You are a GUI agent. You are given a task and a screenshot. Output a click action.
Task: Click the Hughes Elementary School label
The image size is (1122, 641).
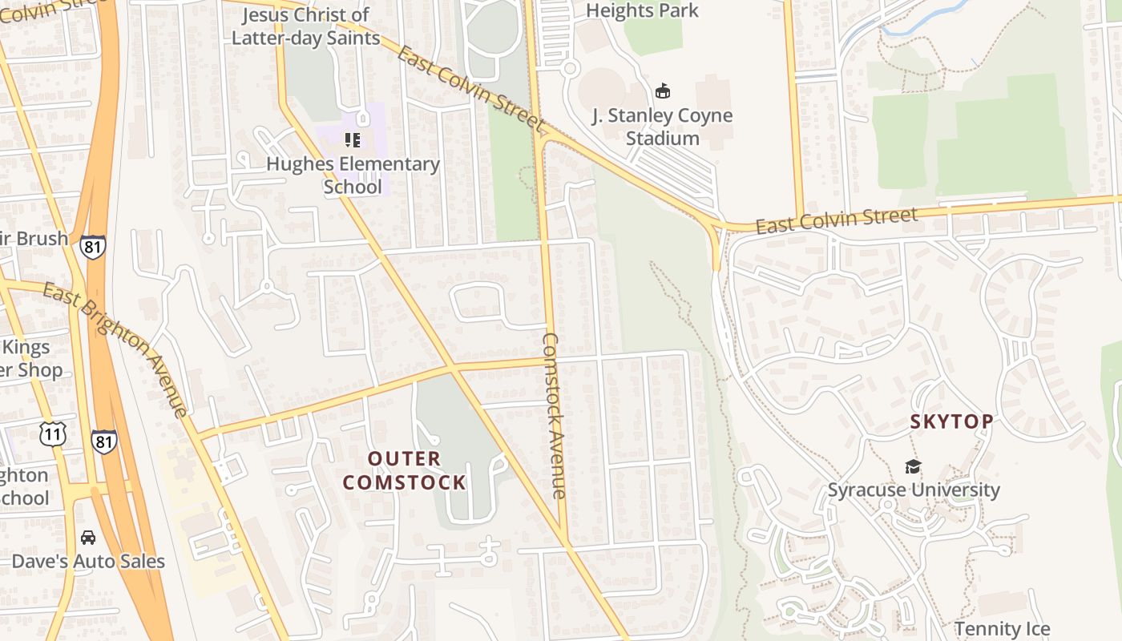pos(353,175)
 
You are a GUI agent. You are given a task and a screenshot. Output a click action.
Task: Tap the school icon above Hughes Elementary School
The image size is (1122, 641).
pos(353,140)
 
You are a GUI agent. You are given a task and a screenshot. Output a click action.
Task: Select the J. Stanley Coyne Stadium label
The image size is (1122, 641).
pos(663,127)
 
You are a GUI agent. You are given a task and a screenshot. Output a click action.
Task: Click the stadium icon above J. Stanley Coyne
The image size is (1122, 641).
pos(663,91)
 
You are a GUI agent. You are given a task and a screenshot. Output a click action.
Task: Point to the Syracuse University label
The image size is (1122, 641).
pos(914,490)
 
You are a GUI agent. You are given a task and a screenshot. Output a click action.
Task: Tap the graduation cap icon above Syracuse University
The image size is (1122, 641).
pos(913,466)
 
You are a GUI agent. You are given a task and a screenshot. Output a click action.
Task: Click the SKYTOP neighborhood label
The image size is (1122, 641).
pos(951,421)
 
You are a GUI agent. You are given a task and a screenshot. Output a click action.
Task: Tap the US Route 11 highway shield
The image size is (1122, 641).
pos(52,434)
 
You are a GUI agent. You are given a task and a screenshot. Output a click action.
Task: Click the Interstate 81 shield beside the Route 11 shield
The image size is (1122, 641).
pos(103,441)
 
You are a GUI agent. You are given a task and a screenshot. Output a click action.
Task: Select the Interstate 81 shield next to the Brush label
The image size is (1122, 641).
pos(92,246)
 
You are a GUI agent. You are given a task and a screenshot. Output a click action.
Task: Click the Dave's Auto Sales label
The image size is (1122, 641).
pos(88,562)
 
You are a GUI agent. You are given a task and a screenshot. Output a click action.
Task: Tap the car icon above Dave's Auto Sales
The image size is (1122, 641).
pos(88,537)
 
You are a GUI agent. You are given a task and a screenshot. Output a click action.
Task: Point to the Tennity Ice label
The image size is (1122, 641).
pos(1002,629)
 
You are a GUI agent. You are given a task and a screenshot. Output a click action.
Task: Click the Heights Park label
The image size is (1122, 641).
pos(643,10)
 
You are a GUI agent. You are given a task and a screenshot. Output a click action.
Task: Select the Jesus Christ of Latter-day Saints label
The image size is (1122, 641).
pos(306,26)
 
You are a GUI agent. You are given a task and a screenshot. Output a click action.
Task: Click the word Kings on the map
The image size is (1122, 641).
pos(26,347)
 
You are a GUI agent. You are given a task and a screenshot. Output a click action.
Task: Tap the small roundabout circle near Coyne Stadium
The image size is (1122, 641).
pos(570,68)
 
